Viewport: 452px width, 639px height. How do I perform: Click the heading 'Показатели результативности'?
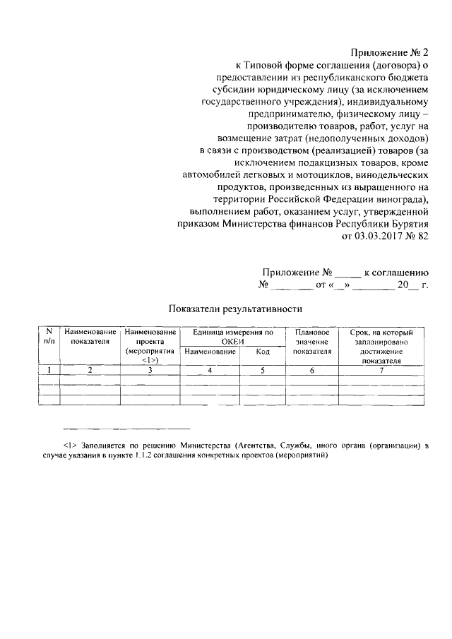pyautogui.click(x=235, y=309)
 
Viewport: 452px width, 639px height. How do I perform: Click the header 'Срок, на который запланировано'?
pyautogui.click(x=381, y=336)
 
